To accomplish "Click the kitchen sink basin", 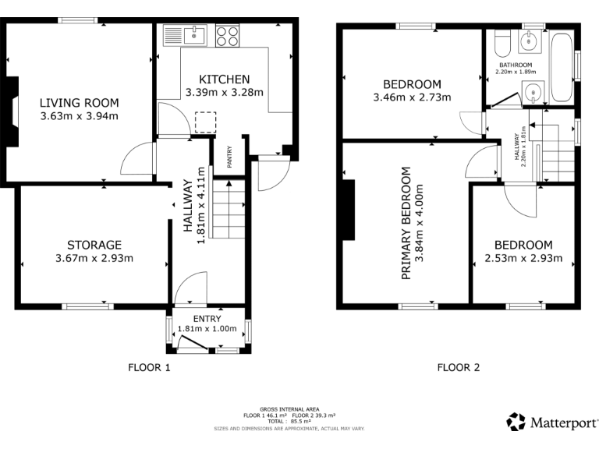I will coord(195,34).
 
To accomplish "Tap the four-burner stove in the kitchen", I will coord(227,35).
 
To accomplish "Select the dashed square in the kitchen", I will coord(205,123).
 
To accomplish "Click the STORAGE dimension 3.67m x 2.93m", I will coord(94,259).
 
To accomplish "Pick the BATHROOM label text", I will coord(516,65).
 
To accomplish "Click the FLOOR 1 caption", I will coord(149,367).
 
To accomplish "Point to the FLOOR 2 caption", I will coord(458,367).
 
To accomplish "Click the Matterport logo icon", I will coord(516,422).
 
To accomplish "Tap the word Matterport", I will coord(562,422).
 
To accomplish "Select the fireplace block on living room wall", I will coord(13,111).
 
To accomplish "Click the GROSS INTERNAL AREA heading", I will coord(289,409).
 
